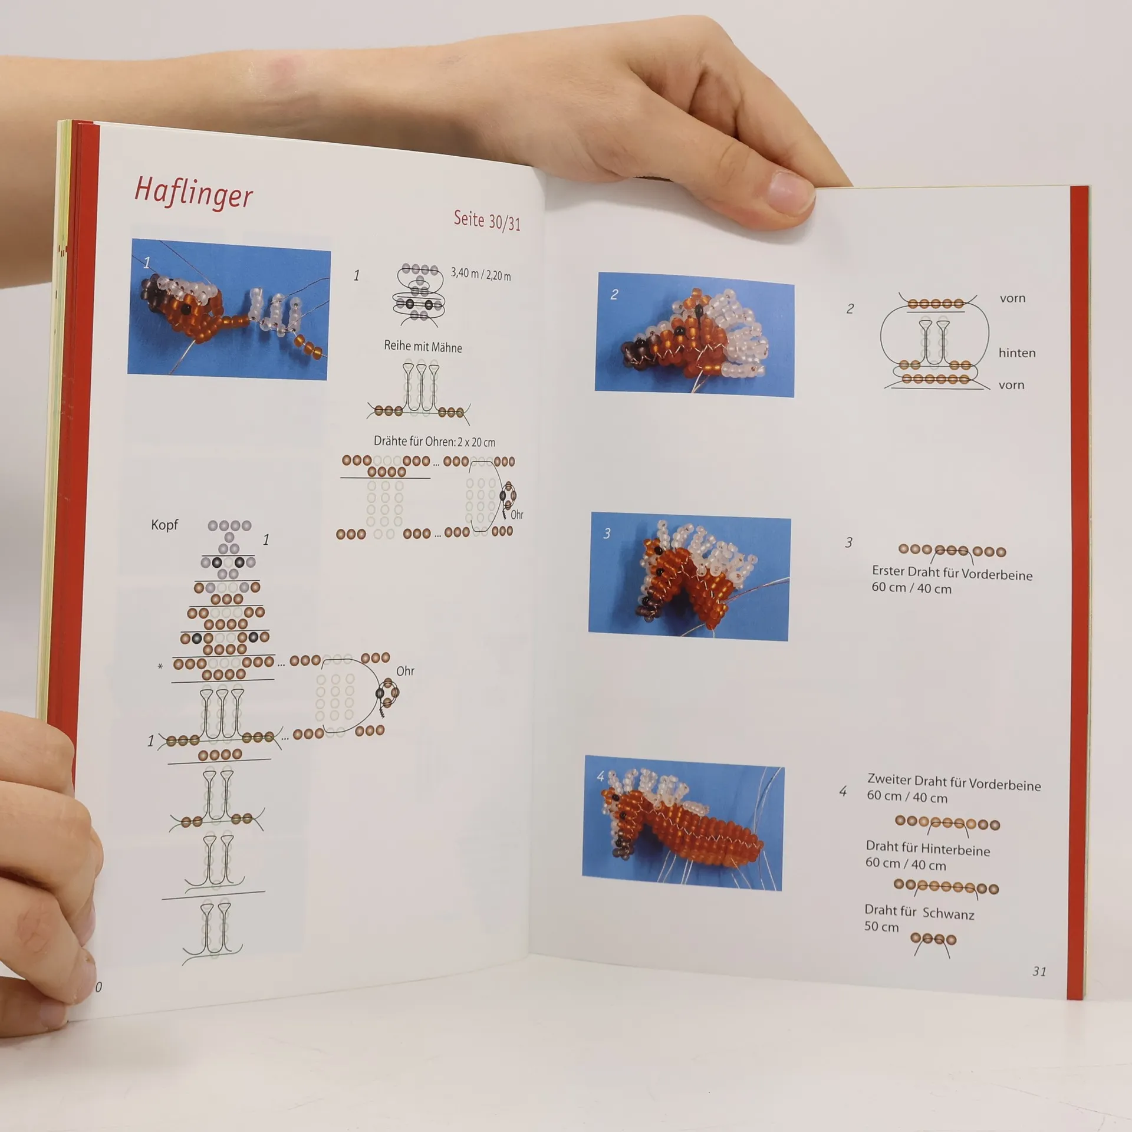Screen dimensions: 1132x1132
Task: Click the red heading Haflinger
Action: point(193,192)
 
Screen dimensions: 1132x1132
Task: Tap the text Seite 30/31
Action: point(487,220)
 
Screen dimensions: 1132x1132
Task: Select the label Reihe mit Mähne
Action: point(423,347)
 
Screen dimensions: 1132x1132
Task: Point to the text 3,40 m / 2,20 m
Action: point(481,274)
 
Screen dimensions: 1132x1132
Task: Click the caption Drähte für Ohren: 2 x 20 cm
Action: point(435,442)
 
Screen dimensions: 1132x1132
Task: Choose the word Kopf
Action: point(164,525)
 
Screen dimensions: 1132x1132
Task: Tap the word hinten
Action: point(1017,353)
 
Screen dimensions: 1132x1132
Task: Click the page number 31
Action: point(1039,971)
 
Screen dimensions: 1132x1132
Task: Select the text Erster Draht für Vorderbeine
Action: point(952,573)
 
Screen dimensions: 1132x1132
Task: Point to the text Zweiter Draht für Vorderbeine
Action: point(954,782)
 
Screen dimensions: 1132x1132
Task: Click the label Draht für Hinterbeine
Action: point(927,848)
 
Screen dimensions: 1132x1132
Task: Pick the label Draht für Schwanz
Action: point(919,912)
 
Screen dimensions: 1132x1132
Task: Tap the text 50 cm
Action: point(881,926)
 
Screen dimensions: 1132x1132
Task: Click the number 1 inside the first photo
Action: point(147,262)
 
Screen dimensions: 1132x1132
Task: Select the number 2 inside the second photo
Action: point(614,294)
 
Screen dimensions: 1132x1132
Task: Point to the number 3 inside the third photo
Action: point(607,534)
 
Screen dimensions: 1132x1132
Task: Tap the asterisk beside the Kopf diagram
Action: point(160,667)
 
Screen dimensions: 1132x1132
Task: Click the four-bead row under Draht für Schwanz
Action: point(933,939)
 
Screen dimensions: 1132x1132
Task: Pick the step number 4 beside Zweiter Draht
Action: point(843,791)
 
